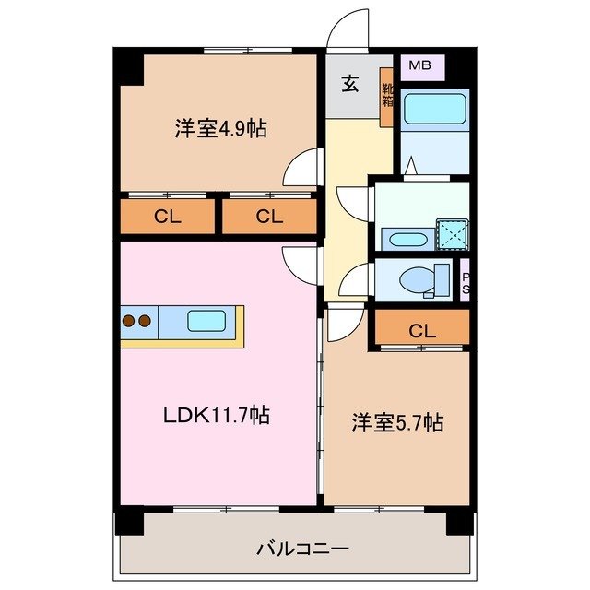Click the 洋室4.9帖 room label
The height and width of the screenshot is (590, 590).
(220, 128)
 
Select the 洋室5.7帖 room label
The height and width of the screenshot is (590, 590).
(397, 423)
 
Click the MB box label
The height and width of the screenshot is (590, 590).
(419, 65)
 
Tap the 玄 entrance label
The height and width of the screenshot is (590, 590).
(351, 85)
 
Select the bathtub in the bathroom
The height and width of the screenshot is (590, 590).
(436, 110)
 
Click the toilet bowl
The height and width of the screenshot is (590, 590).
(422, 278)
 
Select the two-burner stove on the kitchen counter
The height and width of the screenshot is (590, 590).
(136, 322)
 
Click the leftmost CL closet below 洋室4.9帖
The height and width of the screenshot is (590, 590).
(166, 218)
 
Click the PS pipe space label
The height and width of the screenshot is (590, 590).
(466, 282)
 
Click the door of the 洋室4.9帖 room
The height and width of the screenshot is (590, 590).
(301, 169)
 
